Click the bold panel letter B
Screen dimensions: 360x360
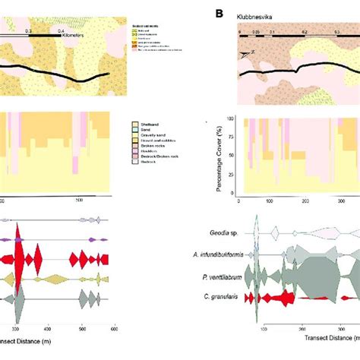(x=219, y=13)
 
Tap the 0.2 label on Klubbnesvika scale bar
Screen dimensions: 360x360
(x=304, y=33)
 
